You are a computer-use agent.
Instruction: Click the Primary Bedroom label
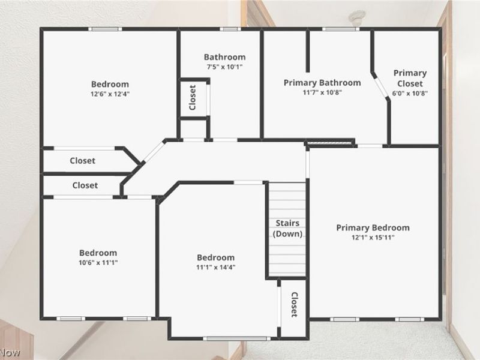point(373,228)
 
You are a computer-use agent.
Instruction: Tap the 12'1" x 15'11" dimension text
point(373,237)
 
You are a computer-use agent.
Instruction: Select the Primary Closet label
point(410,78)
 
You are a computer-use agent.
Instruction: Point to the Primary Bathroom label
point(322,83)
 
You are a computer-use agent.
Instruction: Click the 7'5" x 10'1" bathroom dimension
point(224,67)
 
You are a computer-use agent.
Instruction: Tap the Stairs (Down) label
point(287,229)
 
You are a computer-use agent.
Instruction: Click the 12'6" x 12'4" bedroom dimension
point(110,94)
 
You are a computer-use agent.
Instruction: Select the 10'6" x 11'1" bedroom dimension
point(98,262)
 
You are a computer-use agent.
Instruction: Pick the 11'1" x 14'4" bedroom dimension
point(216,267)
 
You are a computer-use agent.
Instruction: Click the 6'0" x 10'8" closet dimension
point(410,93)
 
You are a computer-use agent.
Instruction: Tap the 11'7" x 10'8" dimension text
point(322,92)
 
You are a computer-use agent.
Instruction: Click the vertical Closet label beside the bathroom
point(193,98)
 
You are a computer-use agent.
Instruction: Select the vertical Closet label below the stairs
point(294,305)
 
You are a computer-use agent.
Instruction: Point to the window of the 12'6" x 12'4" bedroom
point(106,29)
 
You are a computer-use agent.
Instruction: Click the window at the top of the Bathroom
point(230,29)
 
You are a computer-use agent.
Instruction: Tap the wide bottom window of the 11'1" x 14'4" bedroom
point(236,338)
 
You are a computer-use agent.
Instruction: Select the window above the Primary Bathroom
point(341,29)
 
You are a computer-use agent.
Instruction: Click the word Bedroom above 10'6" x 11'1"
point(98,253)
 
